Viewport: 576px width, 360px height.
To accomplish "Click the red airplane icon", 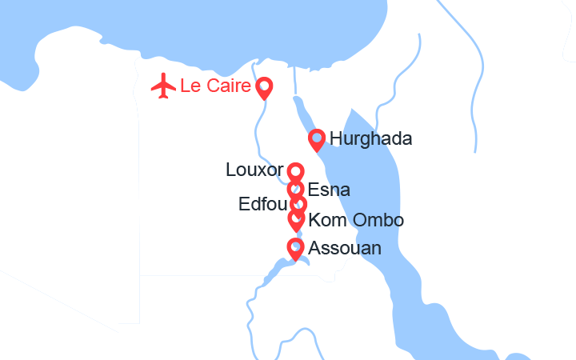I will (163, 85).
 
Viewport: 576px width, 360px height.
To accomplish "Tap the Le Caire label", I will (216, 86).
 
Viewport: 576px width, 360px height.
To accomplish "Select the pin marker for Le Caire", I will (263, 86).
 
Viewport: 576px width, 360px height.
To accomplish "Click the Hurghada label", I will (370, 139).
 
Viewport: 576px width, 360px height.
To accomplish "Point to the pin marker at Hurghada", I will (317, 139).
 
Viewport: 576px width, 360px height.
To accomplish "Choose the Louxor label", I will (254, 170).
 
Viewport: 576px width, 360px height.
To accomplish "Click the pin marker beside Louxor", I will (296, 172).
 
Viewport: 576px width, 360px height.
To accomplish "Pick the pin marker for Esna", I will (296, 190).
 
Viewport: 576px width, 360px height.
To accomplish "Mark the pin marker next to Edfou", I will (298, 205).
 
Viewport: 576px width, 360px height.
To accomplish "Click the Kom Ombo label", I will (355, 220).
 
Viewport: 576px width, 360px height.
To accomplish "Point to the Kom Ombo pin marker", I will (297, 218).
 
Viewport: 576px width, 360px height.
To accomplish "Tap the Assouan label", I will (344, 249).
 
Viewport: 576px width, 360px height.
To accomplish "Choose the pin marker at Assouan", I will (295, 248).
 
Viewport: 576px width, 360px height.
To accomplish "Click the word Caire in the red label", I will (227, 86).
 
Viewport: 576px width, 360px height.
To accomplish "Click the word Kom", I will (325, 220).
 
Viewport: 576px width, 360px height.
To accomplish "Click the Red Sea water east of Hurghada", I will (376, 192).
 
